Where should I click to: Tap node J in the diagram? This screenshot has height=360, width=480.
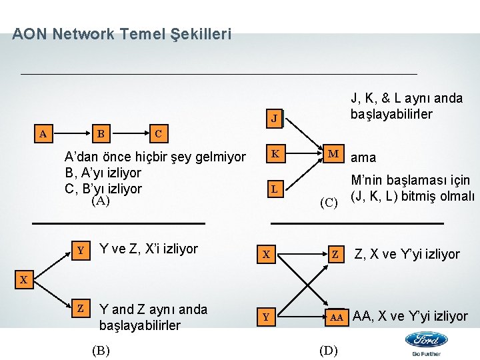[273, 121]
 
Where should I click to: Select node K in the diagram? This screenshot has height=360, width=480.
[273, 156]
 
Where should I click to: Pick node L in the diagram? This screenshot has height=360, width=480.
[273, 189]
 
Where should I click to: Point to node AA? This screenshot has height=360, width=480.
[337, 317]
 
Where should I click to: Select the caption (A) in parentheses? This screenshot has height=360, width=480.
[101, 200]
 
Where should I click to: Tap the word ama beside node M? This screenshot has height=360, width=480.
[363, 158]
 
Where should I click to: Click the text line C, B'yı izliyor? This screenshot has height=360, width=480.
[103, 187]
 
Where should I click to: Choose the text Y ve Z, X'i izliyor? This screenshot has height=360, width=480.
[148, 249]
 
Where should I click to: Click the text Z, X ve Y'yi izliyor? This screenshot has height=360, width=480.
[407, 254]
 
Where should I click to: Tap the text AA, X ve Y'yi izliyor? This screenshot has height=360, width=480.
[410, 316]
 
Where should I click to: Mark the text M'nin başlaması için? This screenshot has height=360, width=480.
[411, 180]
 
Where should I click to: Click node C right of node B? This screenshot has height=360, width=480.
[157, 133]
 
